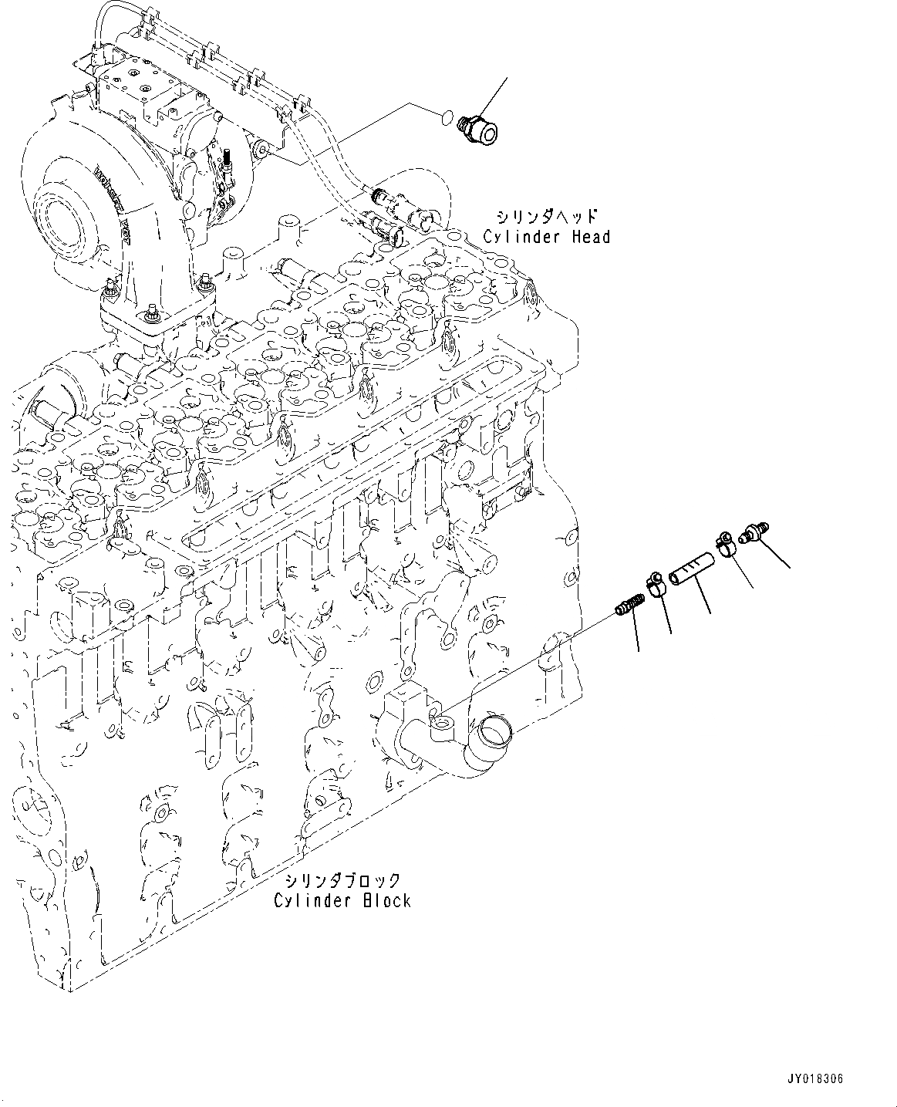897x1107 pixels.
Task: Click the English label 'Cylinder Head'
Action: (x=546, y=237)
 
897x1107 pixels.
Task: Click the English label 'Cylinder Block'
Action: (x=342, y=900)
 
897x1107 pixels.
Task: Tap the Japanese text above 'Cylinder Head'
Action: (x=547, y=217)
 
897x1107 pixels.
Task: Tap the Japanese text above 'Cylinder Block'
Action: (x=342, y=880)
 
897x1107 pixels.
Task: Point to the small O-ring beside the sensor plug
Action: (x=443, y=116)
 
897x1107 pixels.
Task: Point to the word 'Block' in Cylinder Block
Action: (x=388, y=900)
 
